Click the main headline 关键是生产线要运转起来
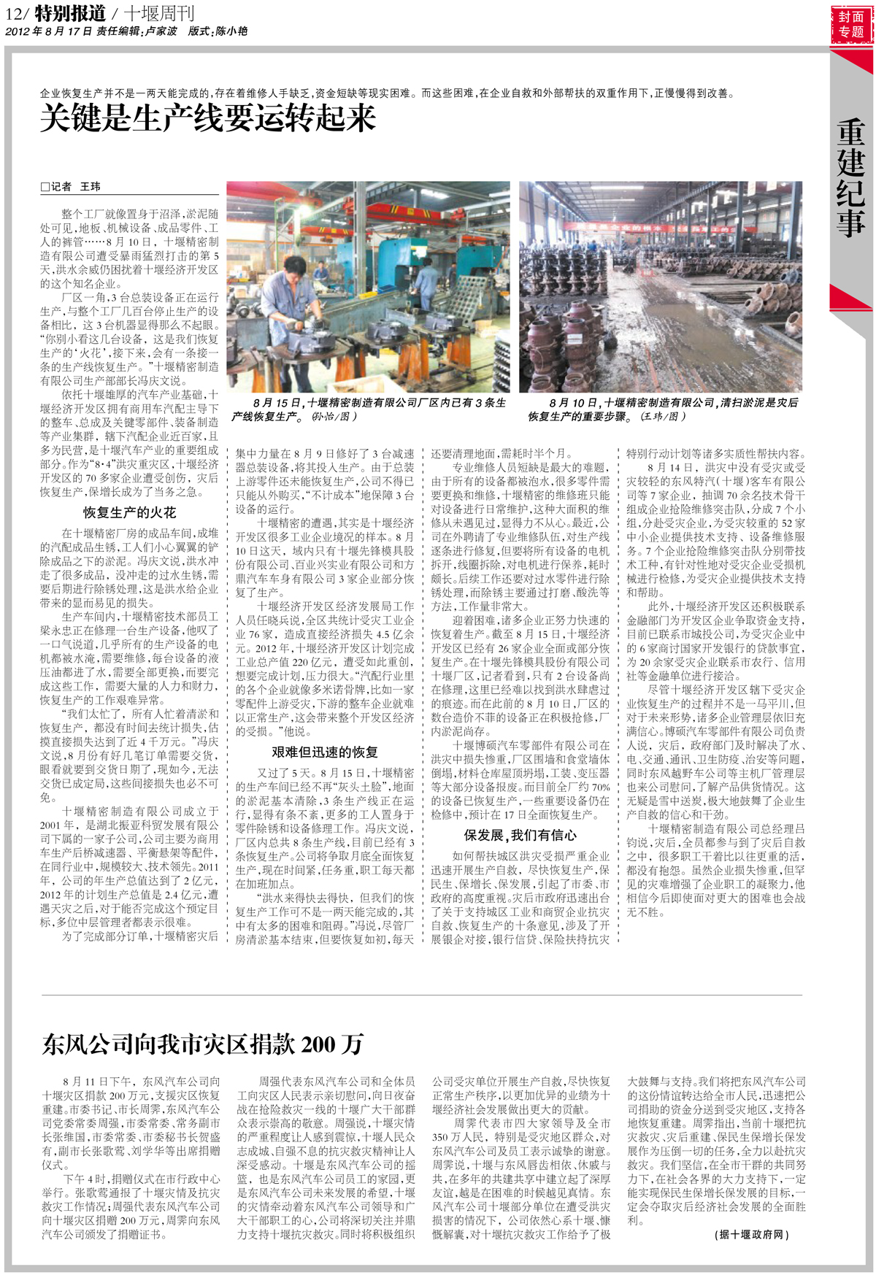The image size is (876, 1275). click(208, 118)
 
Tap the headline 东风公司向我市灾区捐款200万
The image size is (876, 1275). click(202, 1044)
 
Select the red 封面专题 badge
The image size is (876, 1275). click(851, 24)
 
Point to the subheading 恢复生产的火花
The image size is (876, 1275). click(129, 512)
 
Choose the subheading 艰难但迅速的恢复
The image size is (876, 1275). click(325, 752)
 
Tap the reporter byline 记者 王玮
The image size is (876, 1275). click(75, 187)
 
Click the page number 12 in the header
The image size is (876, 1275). click(15, 13)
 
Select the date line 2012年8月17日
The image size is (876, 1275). click(48, 31)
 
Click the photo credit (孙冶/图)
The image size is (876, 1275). click(334, 417)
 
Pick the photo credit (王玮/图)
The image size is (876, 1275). click(663, 417)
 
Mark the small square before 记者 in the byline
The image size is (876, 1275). click(45, 188)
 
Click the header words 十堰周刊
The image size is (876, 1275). click(158, 13)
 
